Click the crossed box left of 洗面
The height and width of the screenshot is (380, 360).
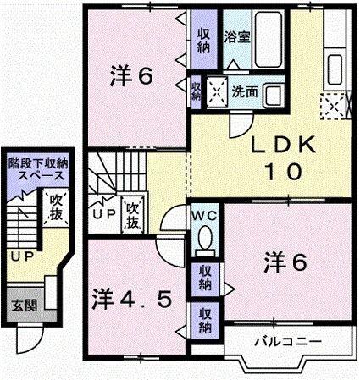216,89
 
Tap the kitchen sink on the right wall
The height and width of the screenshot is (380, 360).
332,63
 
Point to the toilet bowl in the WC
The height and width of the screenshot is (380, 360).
203,240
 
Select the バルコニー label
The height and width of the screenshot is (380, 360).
280,343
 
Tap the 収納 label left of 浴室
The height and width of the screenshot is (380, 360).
203,38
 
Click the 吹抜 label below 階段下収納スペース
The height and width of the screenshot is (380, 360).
56,206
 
